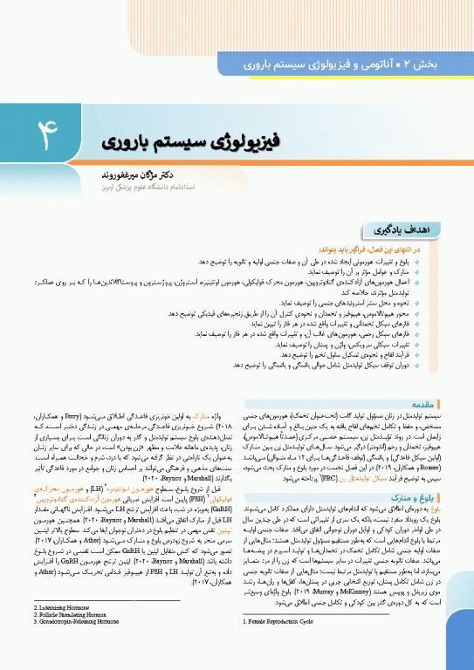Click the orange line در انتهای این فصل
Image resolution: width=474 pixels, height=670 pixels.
[x=381, y=250]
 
